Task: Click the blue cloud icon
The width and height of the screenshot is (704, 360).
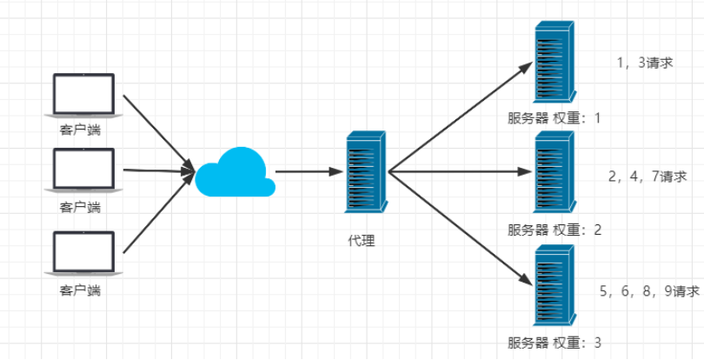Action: [232, 172]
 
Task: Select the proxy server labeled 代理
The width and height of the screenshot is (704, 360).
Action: [365, 172]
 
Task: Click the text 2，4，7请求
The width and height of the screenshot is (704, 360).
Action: [648, 177]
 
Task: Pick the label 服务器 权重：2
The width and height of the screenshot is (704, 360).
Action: [555, 230]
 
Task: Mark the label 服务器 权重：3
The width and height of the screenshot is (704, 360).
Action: [555, 342]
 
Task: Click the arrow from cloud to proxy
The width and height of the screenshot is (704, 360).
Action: [304, 172]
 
